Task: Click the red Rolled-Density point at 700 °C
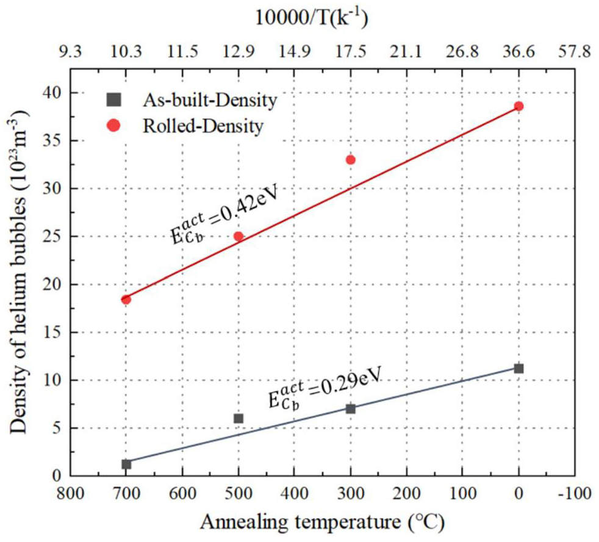(126, 299)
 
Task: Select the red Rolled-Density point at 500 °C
(239, 236)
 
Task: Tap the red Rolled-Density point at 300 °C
(351, 160)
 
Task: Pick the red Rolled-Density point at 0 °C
(518, 106)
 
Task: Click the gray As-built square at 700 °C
(126, 464)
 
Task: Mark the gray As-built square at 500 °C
(239, 418)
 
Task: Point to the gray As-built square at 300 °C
(351, 408)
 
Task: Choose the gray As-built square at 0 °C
(518, 368)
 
